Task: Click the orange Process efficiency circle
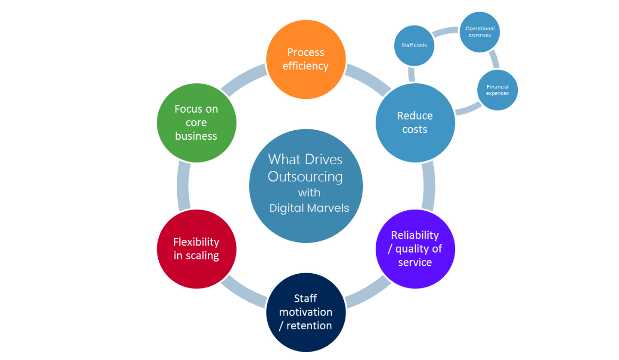(306, 59)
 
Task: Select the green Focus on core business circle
(196, 122)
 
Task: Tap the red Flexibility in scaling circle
(196, 248)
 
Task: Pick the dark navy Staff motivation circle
(306, 312)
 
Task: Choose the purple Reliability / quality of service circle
(415, 248)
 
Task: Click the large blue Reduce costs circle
(415, 122)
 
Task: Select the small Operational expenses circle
(480, 32)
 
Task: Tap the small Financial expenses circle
(497, 90)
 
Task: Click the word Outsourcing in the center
(305, 176)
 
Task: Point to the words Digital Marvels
(309, 208)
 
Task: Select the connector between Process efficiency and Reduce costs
(367, 78)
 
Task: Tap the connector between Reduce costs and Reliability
(429, 185)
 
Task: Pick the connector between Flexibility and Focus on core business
(183, 185)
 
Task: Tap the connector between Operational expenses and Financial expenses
(494, 59)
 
